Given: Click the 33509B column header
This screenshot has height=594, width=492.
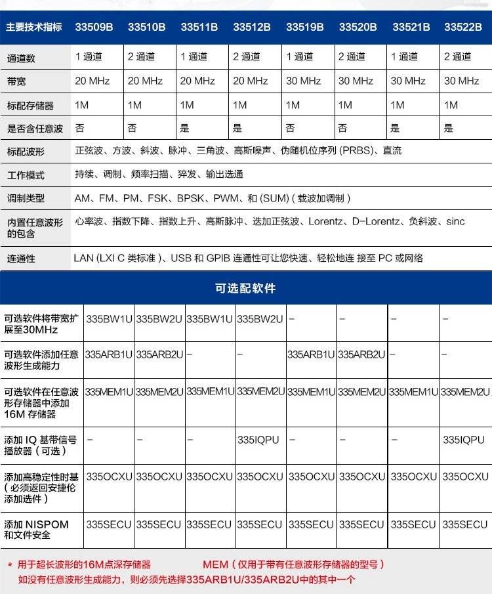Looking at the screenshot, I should [x=94, y=28].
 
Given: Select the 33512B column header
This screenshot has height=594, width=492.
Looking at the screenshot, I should [x=251, y=28].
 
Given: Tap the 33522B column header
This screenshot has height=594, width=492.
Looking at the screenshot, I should [x=462, y=28].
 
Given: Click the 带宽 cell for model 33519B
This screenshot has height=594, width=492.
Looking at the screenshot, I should [x=303, y=81].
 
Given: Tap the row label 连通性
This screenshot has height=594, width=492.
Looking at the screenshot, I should [x=21, y=259].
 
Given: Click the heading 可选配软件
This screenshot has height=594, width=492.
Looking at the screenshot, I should [x=245, y=288].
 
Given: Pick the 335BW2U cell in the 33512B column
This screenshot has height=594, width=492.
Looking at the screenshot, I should [x=260, y=320].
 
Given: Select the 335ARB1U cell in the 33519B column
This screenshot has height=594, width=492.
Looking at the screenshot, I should [x=311, y=354].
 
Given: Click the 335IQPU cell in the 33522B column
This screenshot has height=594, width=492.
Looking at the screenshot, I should [x=463, y=440].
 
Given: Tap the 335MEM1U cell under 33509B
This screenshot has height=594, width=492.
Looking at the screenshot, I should [x=110, y=392].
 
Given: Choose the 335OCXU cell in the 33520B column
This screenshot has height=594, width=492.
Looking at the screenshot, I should [x=361, y=477].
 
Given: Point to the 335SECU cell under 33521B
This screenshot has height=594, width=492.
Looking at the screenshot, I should [x=413, y=524].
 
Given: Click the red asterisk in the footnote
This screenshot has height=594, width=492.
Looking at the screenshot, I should [x=10, y=565].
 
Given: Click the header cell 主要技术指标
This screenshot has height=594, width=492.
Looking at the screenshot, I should [x=34, y=28].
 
